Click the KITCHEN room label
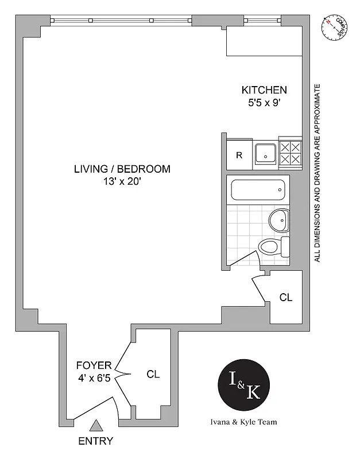264,90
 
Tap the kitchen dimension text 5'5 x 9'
264,103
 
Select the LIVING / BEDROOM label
122,169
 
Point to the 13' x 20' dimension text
122,182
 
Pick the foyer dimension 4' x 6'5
93,378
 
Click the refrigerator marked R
239,155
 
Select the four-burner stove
291,154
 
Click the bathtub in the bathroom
258,190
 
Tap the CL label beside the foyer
153,374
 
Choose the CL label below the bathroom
286,297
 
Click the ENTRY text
96,441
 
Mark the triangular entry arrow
96,426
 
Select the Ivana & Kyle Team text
244,422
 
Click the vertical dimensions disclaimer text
317,173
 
